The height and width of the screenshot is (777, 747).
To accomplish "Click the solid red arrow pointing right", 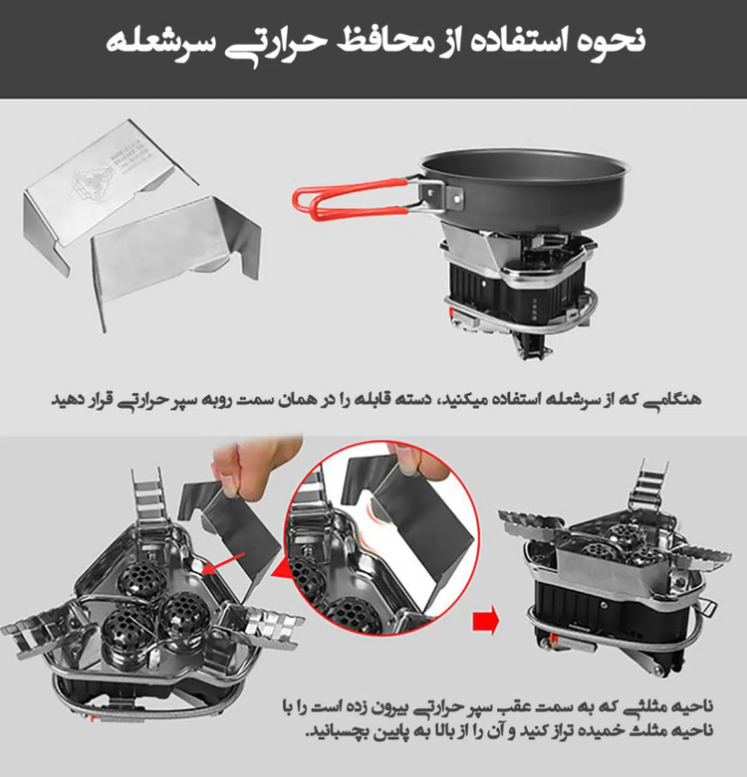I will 485,621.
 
